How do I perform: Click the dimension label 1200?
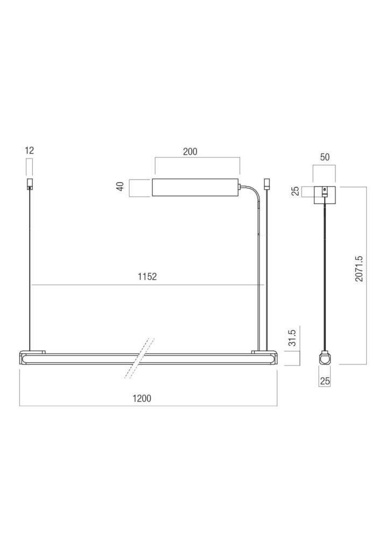click(x=142, y=398)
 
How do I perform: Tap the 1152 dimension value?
click(x=148, y=277)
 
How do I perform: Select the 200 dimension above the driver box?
click(x=190, y=151)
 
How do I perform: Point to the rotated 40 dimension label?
click(x=121, y=186)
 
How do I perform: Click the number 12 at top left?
click(x=30, y=150)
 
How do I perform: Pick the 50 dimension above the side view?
click(x=325, y=157)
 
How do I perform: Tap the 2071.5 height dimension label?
click(x=359, y=268)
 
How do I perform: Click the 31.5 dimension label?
click(x=292, y=337)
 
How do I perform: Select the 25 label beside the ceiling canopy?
click(x=296, y=191)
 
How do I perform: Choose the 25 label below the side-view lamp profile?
click(x=325, y=381)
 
